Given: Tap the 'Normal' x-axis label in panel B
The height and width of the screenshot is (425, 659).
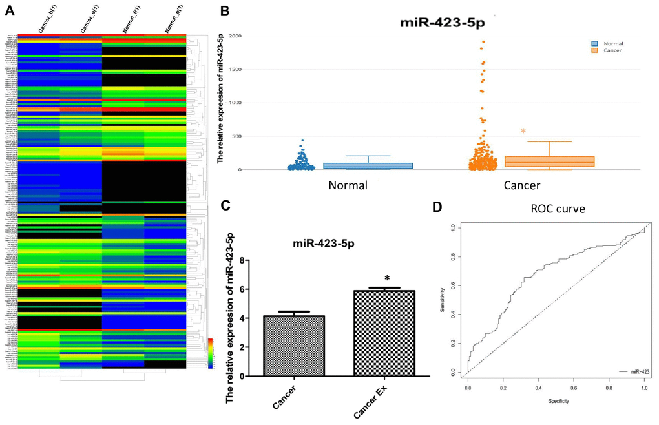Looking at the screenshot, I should (348, 185).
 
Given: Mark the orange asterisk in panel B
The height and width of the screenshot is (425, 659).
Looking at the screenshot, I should (523, 132).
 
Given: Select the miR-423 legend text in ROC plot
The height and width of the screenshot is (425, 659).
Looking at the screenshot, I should (632, 373).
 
